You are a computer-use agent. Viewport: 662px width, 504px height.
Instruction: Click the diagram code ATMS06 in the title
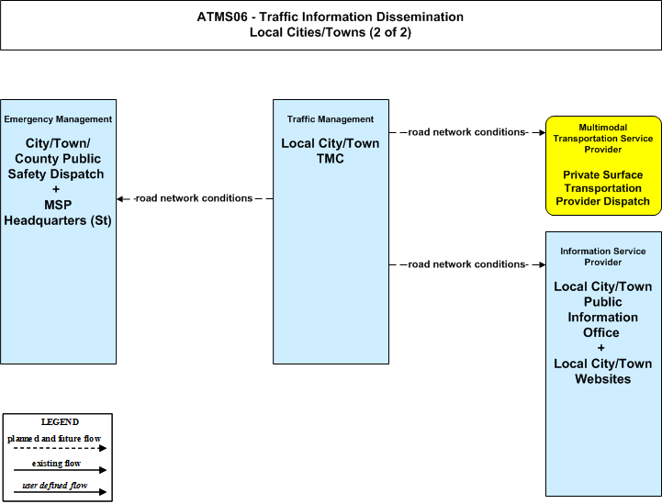[222, 17]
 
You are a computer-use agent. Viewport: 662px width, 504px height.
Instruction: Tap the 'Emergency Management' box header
[58, 119]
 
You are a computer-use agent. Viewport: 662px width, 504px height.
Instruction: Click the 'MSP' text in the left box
[58, 205]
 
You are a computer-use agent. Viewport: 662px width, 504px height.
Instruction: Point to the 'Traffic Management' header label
[331, 119]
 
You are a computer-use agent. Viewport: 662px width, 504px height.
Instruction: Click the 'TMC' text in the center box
[331, 159]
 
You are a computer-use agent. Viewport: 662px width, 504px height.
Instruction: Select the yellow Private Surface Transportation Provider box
[604, 165]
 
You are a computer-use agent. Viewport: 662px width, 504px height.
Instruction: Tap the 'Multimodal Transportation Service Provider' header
[603, 139]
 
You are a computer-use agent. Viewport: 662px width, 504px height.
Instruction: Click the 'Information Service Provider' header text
[603, 257]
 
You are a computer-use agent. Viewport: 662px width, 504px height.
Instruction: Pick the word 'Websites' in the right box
[603, 379]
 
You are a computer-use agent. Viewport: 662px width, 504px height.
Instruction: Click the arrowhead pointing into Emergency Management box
[120, 199]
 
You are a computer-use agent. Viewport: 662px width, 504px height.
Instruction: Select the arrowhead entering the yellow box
[542, 132]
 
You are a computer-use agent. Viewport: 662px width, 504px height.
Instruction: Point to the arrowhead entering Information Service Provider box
[542, 264]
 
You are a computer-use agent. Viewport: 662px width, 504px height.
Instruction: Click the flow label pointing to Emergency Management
[194, 198]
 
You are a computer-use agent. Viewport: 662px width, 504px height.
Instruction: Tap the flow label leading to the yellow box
[467, 132]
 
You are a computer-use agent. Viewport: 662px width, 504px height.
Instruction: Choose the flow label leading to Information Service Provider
[467, 264]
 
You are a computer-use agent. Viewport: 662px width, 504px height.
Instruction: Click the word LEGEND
[60, 422]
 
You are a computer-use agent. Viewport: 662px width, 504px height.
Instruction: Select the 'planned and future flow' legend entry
[54, 439]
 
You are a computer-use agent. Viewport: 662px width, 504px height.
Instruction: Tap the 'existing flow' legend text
[57, 464]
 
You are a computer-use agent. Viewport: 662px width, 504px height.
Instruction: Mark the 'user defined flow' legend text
[55, 486]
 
